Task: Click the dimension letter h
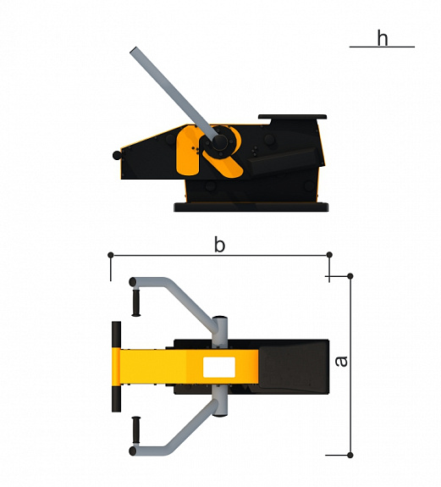click(383, 38)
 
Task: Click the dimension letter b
click(219, 245)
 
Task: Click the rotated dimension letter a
click(342, 361)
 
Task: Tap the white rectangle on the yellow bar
click(219, 367)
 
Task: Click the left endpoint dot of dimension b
click(111, 255)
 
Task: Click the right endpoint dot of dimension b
click(329, 255)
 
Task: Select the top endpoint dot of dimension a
click(350, 276)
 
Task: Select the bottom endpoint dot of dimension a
click(350, 455)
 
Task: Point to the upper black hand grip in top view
click(136, 302)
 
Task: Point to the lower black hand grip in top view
click(136, 430)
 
